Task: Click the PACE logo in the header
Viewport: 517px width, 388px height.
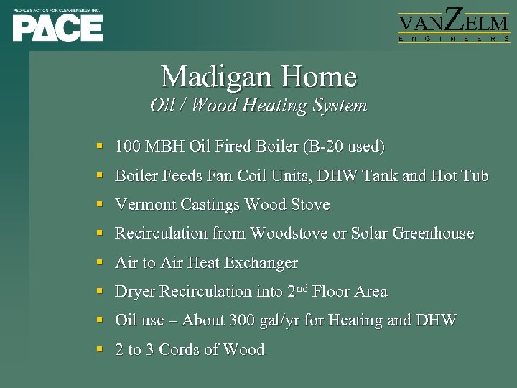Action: (57, 25)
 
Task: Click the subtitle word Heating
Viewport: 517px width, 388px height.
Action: (276, 106)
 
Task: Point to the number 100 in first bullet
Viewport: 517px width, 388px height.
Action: (128, 147)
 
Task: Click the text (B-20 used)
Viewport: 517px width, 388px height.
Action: (344, 147)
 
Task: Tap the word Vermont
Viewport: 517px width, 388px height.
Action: (146, 205)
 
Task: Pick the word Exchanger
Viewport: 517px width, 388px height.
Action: (261, 263)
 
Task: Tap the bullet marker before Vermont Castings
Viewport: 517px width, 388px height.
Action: (100, 205)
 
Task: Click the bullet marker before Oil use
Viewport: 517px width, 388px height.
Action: (100, 321)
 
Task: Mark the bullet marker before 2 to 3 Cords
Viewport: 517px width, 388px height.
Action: (100, 351)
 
